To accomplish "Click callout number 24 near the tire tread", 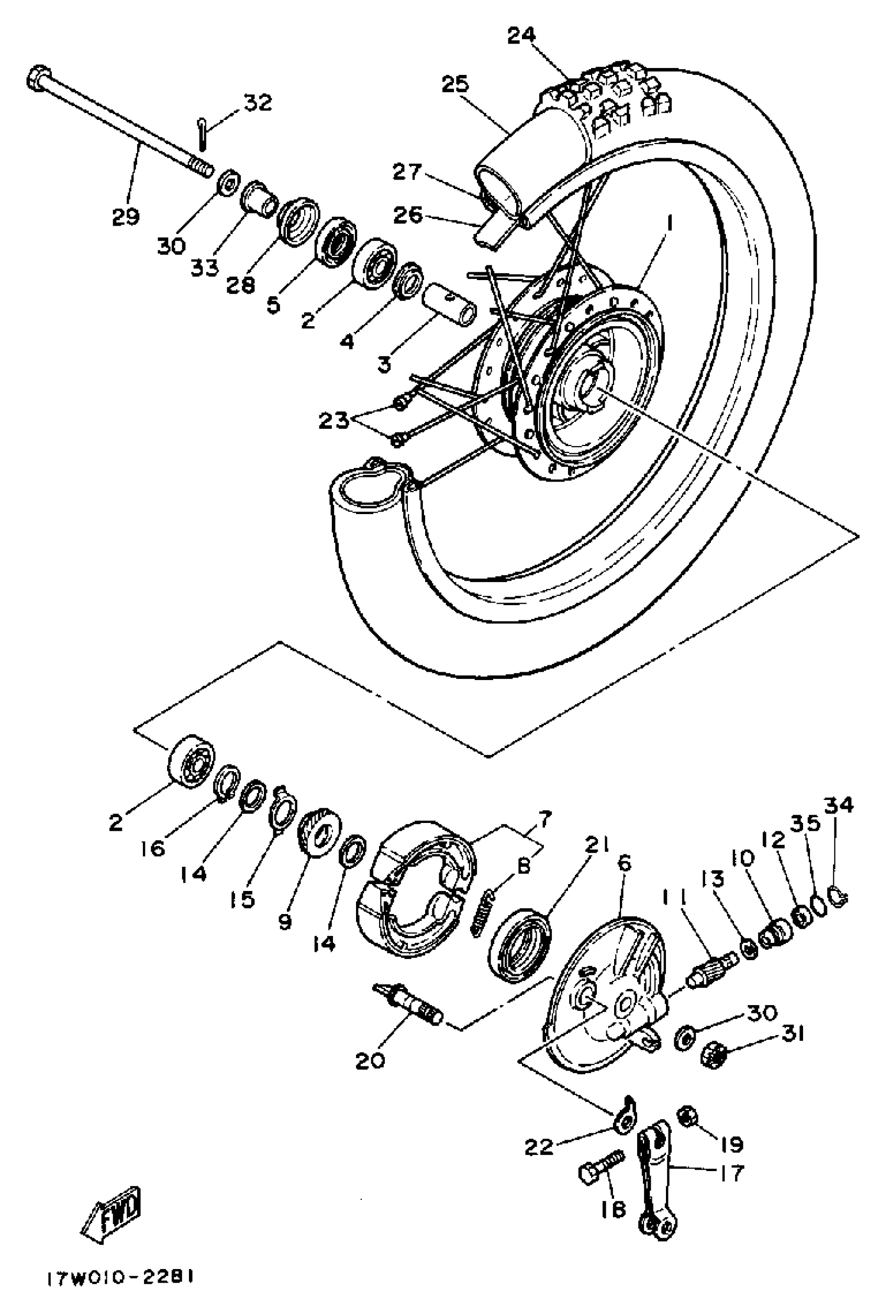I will [x=520, y=36].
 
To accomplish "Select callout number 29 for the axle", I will [x=125, y=217].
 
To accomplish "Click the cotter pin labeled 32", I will [x=203, y=135].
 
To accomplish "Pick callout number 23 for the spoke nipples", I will [x=333, y=421].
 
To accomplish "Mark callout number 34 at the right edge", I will [x=838, y=805].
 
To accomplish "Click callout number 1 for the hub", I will [x=669, y=224].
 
